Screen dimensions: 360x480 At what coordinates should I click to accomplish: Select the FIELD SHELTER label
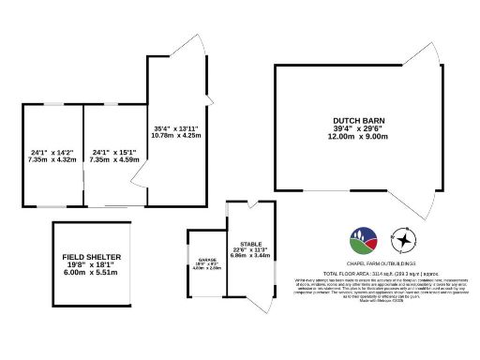click(x=92, y=257)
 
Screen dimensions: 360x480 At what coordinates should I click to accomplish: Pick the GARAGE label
click(x=206, y=261)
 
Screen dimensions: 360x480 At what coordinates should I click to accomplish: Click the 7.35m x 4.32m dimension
click(x=52, y=159)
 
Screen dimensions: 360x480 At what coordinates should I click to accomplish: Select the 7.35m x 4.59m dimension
click(x=115, y=159)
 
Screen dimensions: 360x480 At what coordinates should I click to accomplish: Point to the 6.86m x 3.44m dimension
click(x=250, y=255)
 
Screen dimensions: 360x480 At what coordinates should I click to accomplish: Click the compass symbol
click(x=402, y=241)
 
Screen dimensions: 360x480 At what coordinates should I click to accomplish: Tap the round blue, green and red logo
click(x=362, y=241)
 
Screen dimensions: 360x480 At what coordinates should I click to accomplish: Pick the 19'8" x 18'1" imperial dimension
click(x=92, y=264)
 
